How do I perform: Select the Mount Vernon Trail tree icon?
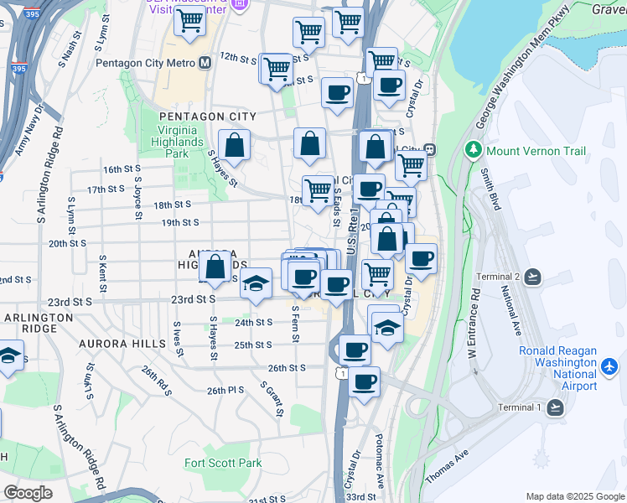pos(474,151)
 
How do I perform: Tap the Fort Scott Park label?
pos(223,463)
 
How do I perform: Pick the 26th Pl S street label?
pos(225,391)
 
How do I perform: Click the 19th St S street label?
pos(180,222)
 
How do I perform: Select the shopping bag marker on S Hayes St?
pos(235,145)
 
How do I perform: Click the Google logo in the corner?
pos(28,492)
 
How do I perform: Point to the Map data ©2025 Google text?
pos(575,496)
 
